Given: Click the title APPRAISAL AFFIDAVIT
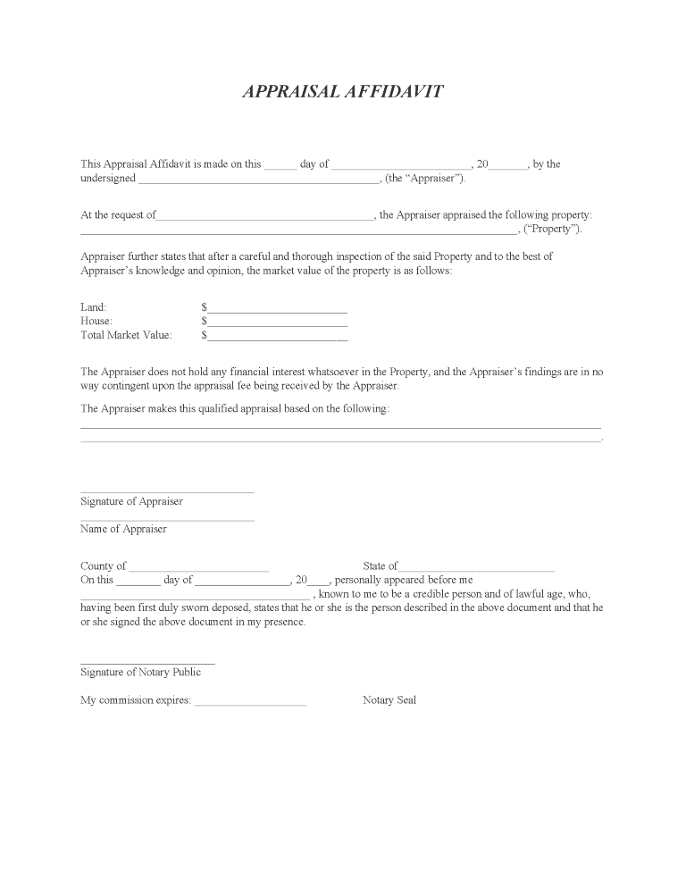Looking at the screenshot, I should [342, 92].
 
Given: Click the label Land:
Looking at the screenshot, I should [94, 307].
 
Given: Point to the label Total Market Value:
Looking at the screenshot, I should [126, 335].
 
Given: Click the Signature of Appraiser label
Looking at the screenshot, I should [131, 501].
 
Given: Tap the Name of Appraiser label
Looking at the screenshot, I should [123, 529].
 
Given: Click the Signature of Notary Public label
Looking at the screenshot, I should [141, 672].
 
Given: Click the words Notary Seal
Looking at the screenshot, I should [389, 700].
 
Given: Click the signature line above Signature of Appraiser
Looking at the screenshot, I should [167, 491].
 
